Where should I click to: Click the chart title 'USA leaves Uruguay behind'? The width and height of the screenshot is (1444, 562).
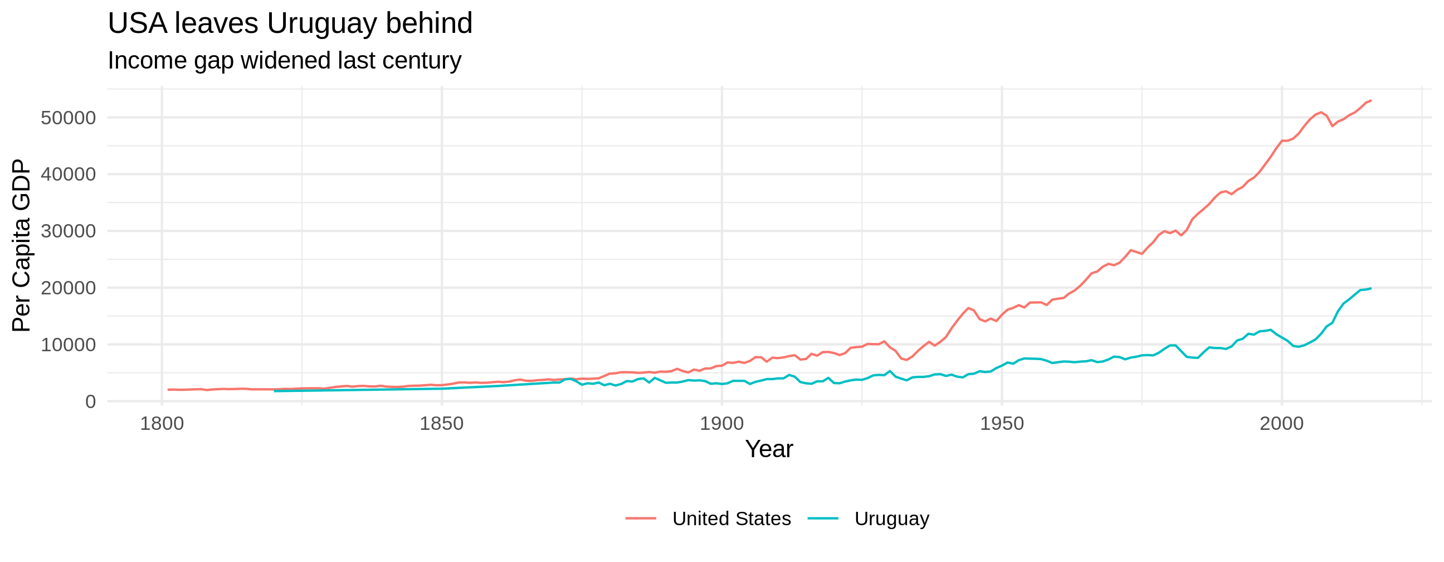pos(290,23)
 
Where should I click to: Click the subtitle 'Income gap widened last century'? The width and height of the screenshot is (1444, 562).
pos(284,61)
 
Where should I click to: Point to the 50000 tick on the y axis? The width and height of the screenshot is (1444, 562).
pos(68,118)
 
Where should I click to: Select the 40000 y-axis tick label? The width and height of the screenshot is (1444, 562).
pos(68,175)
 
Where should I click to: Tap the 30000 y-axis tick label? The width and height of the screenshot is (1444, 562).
pos(68,231)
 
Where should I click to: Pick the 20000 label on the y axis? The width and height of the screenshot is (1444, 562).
pos(68,288)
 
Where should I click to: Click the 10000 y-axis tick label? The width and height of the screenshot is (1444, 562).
pos(68,345)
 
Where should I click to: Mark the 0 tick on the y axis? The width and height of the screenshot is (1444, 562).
pos(90,401)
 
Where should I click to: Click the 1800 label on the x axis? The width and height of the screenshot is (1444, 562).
pos(162,424)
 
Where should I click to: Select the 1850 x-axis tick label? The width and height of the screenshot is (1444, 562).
pos(442,424)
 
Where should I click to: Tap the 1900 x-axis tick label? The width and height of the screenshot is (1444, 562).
pos(721,424)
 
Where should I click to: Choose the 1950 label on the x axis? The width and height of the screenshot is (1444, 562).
pos(1002,424)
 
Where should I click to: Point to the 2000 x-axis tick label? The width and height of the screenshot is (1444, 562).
pos(1281,424)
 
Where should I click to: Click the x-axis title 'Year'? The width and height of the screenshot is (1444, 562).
pos(769,449)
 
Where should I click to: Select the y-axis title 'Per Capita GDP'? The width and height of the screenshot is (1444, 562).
pos(21,245)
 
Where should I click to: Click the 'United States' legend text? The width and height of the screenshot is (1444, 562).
pos(731,519)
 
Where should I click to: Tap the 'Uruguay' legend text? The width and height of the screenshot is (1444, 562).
pos(891,519)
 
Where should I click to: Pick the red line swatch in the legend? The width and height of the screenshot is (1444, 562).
pos(641,519)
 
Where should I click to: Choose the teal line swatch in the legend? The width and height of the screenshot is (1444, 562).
pos(823,519)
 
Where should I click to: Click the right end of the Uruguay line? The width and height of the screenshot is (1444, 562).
pos(1370,288)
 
